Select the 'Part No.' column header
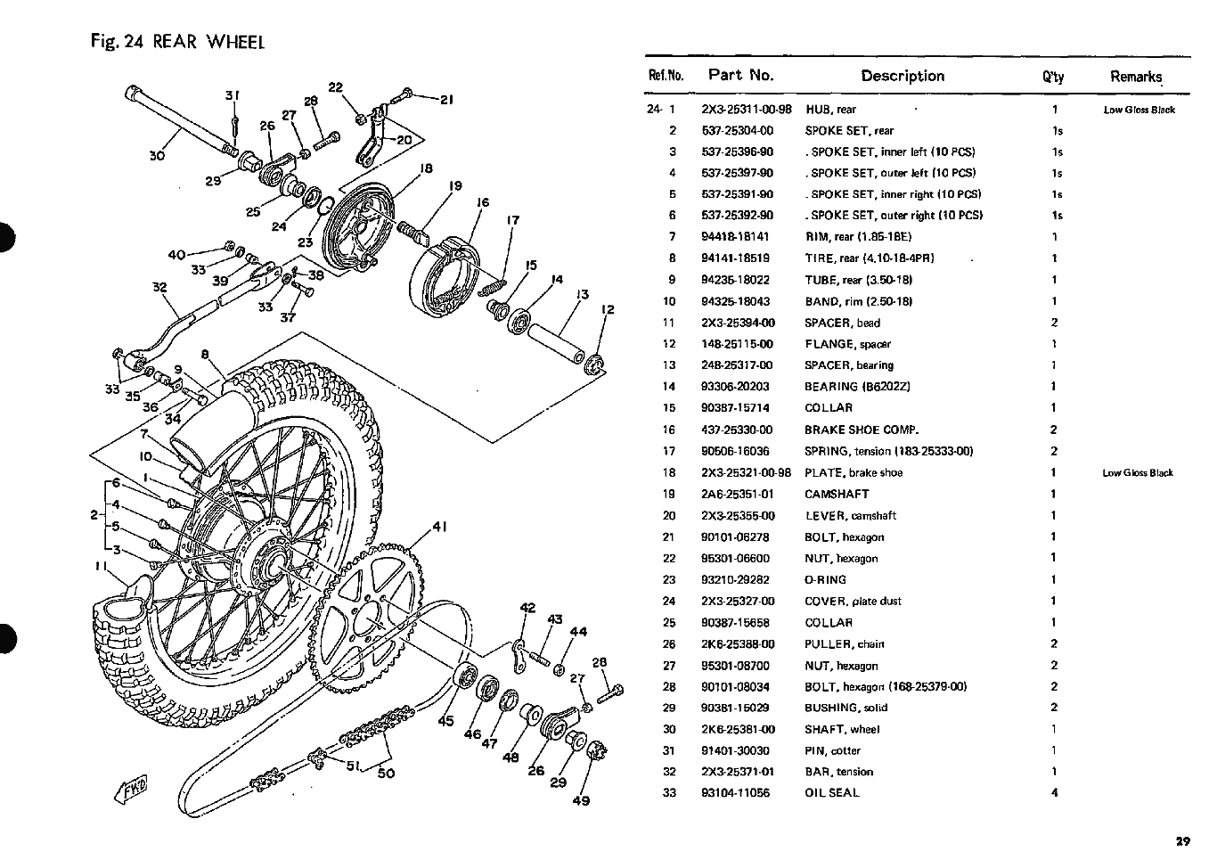(740, 76)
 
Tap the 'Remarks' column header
(1136, 77)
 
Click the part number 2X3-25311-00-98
(746, 110)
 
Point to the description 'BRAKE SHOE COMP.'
(862, 430)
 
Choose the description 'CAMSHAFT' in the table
(837, 494)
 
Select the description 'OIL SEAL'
(832, 793)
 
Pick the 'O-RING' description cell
(826, 579)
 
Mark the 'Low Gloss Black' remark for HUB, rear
(1139, 111)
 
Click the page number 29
(1182, 840)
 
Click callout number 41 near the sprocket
(438, 527)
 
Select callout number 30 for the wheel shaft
(157, 156)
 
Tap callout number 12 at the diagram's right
(609, 310)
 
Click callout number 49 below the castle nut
(581, 800)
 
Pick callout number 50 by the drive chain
(386, 773)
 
